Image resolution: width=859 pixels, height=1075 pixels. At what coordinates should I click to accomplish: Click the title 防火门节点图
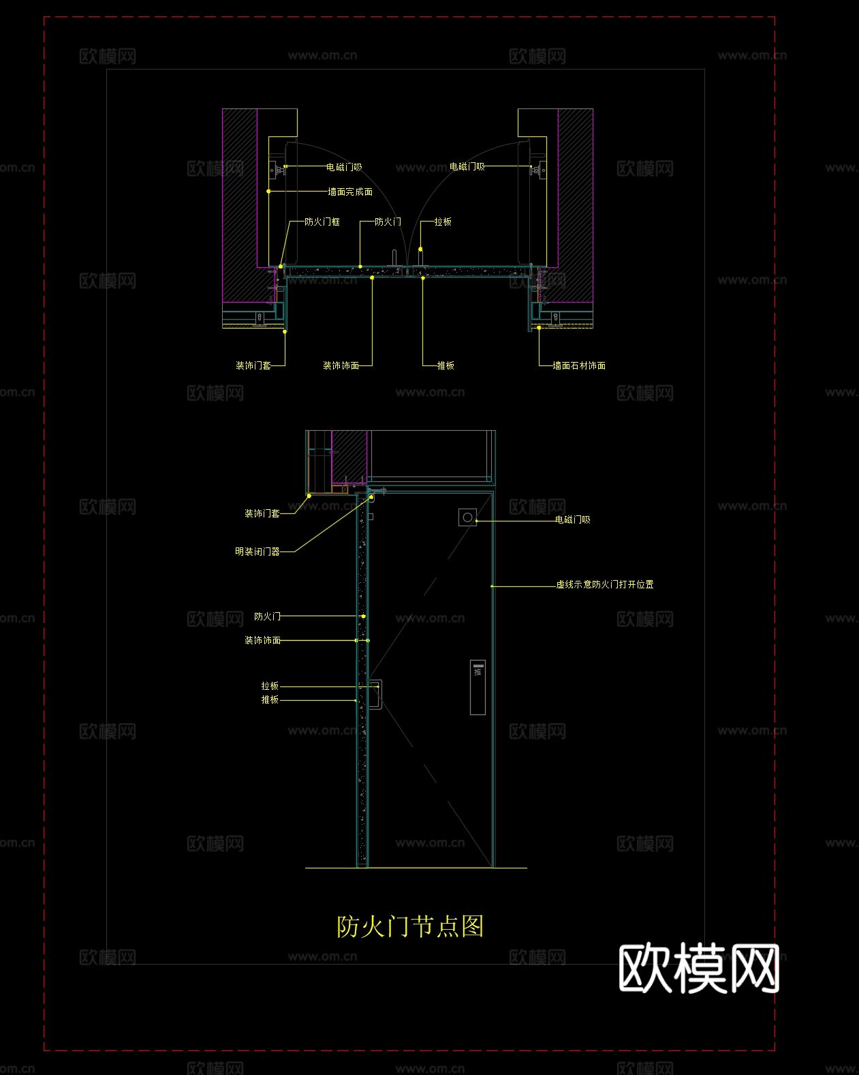point(410,926)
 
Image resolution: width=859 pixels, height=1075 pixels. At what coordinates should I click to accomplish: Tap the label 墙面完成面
point(350,192)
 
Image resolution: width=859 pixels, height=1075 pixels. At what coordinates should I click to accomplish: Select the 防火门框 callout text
point(322,222)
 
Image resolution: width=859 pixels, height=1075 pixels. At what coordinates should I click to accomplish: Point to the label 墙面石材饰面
point(579,366)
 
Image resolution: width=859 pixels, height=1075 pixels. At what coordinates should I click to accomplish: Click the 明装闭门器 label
point(257,551)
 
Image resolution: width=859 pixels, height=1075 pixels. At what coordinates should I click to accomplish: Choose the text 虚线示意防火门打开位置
point(604,585)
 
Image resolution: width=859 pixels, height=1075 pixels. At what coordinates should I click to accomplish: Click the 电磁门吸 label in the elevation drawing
point(572,520)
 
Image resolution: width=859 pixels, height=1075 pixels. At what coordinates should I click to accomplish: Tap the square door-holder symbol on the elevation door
point(467,518)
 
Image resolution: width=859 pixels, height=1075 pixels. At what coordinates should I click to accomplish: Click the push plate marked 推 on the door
point(478,686)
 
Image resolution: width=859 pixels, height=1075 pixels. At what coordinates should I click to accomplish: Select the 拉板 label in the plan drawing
point(443,222)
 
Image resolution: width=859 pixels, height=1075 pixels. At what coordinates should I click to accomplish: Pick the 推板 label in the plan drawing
point(446,366)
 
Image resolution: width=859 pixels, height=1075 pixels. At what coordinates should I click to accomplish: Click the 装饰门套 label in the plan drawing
point(253,366)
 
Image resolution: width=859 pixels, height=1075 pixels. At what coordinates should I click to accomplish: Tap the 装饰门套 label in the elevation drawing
point(262,513)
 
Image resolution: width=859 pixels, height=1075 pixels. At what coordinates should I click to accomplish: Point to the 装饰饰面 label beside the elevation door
point(262,641)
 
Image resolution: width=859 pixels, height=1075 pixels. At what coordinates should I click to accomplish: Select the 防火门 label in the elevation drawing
point(267,616)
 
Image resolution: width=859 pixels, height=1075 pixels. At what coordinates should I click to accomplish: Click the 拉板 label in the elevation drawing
point(270,686)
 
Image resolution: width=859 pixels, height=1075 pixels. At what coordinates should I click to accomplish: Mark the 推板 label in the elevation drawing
point(270,700)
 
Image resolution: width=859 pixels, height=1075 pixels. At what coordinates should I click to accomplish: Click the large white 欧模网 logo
point(698,969)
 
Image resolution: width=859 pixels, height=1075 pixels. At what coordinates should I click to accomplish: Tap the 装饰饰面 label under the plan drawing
point(341,366)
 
